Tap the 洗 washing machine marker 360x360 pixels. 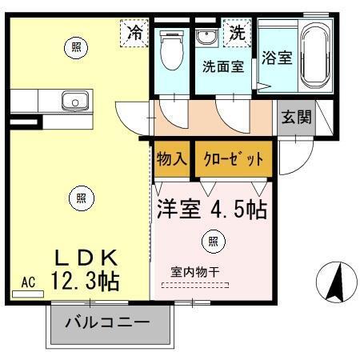tap(237, 34)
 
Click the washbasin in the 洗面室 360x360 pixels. tap(205, 38)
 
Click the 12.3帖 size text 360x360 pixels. tap(85, 281)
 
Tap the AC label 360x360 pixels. tap(28, 282)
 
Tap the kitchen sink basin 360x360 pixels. tap(75, 101)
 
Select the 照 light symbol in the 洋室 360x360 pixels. tap(212, 240)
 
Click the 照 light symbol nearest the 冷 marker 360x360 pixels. tap(76, 48)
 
